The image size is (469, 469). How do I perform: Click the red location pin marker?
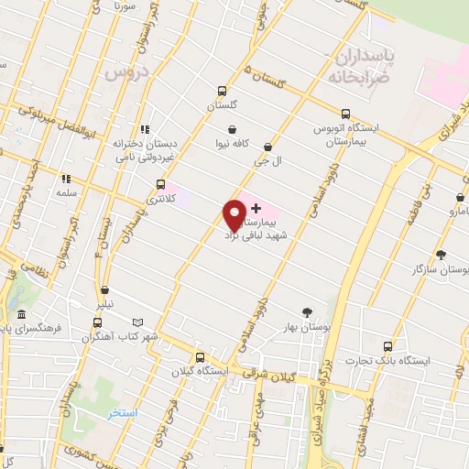(x=234, y=215)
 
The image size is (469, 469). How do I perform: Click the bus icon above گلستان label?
(x=222, y=92)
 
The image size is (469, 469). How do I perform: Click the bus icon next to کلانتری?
(x=161, y=184)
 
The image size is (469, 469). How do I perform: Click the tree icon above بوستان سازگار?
(x=441, y=255)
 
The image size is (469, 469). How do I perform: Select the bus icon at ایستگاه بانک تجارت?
(x=388, y=345)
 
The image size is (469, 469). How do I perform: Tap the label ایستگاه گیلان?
(x=195, y=371)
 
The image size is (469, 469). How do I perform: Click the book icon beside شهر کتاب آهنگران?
(x=138, y=323)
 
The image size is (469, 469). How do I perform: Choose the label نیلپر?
(x=107, y=302)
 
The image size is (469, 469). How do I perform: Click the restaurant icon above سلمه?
(x=65, y=180)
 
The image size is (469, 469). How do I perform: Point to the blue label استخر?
(x=121, y=414)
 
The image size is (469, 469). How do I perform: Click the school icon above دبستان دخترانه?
(x=145, y=130)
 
